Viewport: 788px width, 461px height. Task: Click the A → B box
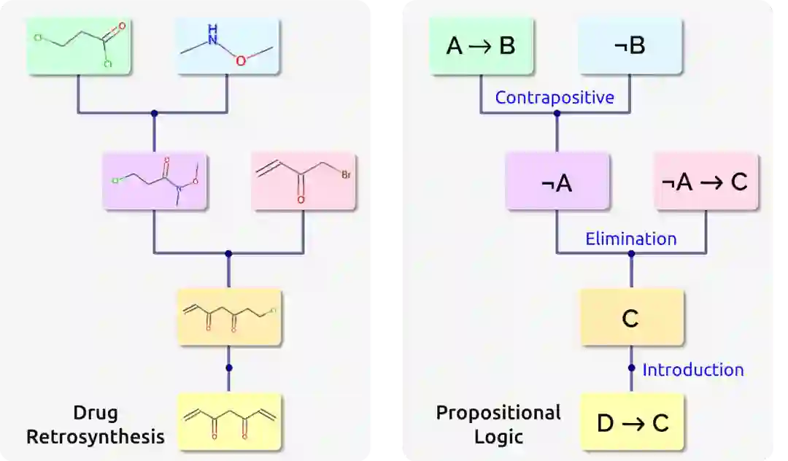coord(481,46)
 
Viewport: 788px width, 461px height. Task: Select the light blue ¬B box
coord(630,46)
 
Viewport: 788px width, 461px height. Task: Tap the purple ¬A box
coord(557,182)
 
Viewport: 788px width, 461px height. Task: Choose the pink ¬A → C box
coord(706,182)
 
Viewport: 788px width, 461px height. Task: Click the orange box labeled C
coord(631,317)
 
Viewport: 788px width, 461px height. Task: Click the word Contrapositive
coord(555,97)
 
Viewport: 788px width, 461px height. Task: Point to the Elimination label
coord(630,239)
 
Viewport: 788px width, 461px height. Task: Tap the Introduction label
coord(692,370)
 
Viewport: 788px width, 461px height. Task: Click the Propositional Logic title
coord(498,425)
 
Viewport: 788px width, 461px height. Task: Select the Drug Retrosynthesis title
coord(95,425)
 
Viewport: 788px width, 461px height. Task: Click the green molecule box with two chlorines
coord(79,46)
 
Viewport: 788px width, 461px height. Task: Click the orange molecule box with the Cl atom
coord(229,317)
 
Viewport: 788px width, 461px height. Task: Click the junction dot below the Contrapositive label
coord(557,113)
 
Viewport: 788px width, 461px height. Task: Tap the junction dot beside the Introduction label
coord(631,368)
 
